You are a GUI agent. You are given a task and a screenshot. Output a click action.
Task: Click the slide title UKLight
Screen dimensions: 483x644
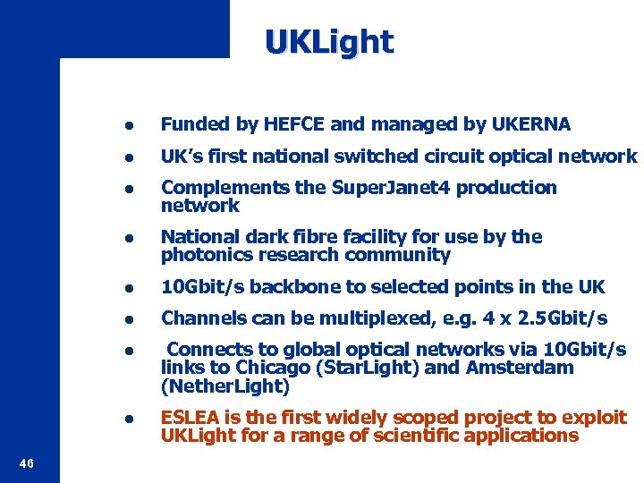[328, 42]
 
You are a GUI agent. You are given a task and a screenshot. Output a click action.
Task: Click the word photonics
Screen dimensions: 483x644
[202, 255]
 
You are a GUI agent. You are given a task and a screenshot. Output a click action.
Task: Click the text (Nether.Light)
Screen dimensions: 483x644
[225, 387]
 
